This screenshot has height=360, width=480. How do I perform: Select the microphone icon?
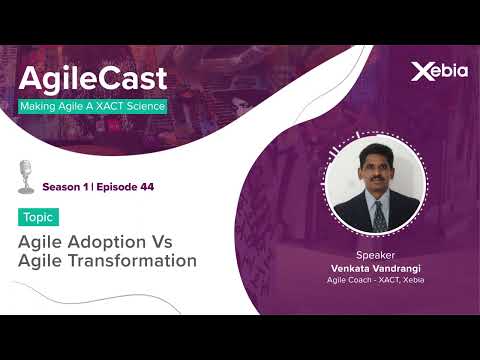[x=26, y=176]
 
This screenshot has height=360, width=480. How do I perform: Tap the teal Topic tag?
[x=38, y=217]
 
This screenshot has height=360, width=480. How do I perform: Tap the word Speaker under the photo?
[x=375, y=254]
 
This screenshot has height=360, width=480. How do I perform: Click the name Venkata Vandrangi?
[x=376, y=268]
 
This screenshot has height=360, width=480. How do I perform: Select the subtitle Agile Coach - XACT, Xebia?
[x=376, y=281]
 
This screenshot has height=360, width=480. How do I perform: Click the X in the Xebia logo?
[x=420, y=71]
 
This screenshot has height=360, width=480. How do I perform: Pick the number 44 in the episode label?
[x=146, y=187]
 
